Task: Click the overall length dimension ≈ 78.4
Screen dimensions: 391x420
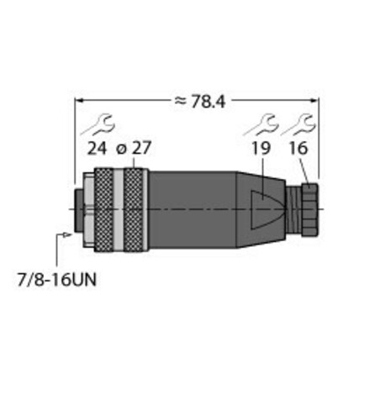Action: [200, 102]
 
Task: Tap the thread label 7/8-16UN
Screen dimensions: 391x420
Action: [57, 280]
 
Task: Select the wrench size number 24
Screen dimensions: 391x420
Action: [97, 148]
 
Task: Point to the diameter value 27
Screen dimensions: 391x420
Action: [141, 148]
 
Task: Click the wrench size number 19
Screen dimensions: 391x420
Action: [262, 148]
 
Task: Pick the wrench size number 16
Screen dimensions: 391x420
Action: [299, 148]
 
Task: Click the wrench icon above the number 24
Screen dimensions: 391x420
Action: [98, 125]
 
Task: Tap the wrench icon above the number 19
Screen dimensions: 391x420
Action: [261, 125]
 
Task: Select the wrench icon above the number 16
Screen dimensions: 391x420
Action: [299, 125]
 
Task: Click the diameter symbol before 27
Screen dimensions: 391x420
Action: [121, 150]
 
